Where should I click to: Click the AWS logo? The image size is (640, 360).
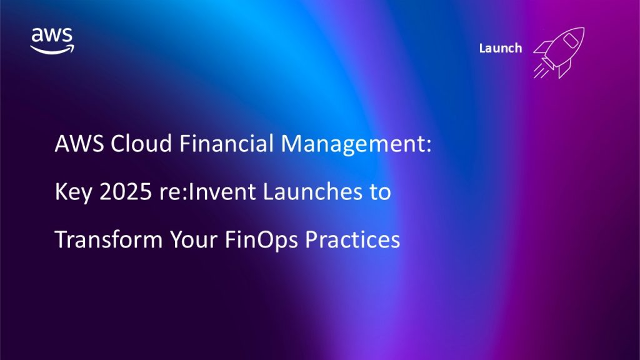click(52, 41)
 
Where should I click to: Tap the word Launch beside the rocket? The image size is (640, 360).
click(501, 48)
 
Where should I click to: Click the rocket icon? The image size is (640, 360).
click(559, 52)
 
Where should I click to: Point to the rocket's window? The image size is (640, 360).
click(570, 40)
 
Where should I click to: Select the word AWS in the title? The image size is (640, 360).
click(79, 144)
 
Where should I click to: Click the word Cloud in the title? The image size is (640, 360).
click(141, 144)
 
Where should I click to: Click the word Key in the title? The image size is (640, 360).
click(74, 192)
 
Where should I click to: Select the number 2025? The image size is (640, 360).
click(126, 191)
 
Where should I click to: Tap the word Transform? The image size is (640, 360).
click(109, 239)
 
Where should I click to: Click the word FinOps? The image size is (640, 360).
click(261, 240)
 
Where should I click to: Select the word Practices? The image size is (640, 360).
click(352, 239)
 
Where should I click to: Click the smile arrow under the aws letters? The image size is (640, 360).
click(52, 50)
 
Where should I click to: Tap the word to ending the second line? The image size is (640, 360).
click(381, 192)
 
